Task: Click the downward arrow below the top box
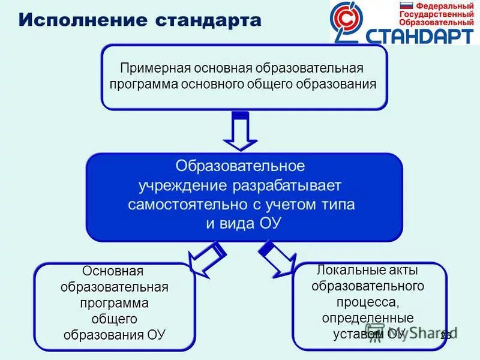pos(240,131)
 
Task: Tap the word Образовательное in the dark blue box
pos(240,165)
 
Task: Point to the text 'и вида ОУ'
pos(244,223)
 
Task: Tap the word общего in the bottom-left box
pos(113,318)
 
